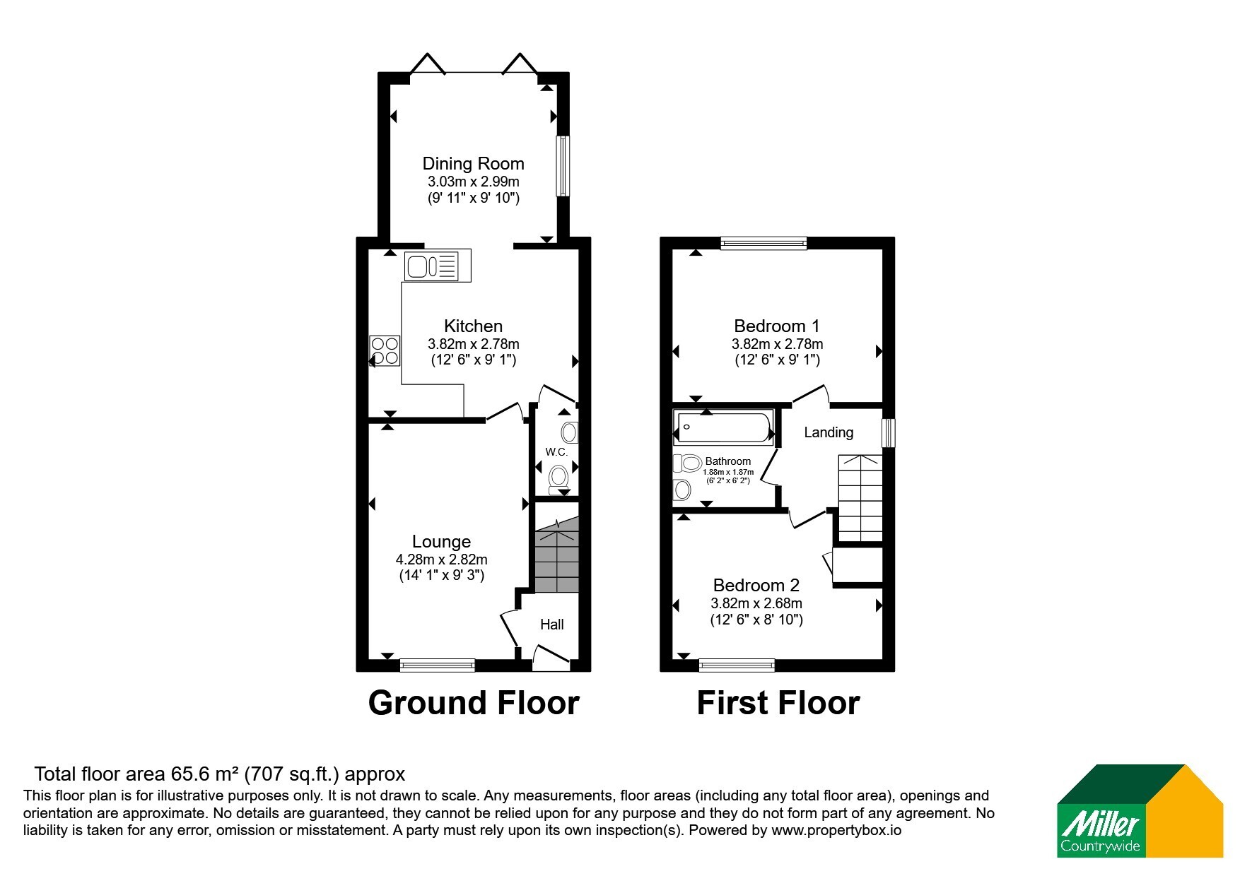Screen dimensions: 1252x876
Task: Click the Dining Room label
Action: (x=473, y=164)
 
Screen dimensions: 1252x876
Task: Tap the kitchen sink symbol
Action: (x=438, y=266)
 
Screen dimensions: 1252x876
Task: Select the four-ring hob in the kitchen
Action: (x=385, y=351)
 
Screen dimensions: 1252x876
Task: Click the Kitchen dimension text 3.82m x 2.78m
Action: (x=473, y=344)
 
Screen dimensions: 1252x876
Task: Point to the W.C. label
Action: (x=556, y=451)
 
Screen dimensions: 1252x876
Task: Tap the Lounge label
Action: (x=441, y=542)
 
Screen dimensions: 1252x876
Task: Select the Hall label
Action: (x=552, y=625)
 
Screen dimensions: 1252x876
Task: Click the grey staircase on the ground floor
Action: (x=557, y=555)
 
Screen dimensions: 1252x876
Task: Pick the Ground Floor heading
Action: (x=474, y=703)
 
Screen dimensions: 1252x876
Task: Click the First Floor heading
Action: (x=778, y=703)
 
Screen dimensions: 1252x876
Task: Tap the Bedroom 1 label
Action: (x=777, y=326)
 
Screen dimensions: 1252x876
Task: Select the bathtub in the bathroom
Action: (x=723, y=427)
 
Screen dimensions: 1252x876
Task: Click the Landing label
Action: (x=829, y=432)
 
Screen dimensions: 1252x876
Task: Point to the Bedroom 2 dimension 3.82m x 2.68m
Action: (x=756, y=603)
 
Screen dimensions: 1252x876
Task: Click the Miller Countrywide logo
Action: (x=1140, y=811)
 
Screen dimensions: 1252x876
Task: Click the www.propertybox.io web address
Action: (x=836, y=830)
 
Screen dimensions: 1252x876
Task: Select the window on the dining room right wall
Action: (x=563, y=166)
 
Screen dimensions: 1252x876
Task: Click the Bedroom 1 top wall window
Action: (x=764, y=243)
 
